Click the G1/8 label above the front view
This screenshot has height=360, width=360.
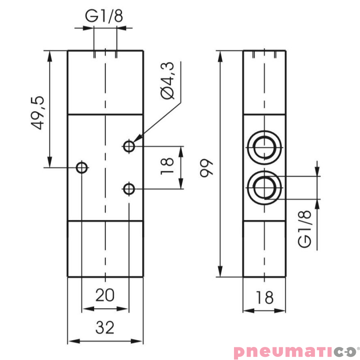point(104,16)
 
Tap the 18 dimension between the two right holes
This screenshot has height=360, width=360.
point(166,166)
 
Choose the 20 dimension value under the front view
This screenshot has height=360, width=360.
point(105,295)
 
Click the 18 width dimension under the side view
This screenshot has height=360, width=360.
point(265,297)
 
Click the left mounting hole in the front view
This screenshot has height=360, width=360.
point(81,168)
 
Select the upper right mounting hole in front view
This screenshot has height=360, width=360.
point(129,146)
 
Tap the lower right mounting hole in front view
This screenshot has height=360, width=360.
point(129,189)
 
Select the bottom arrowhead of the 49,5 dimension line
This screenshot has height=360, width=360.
point(49,162)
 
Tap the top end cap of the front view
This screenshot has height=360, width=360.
point(105,82)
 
